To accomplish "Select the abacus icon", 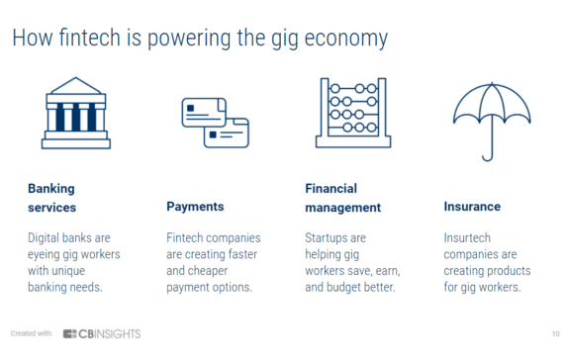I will tap(354, 113).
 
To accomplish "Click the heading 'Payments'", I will tap(195, 207).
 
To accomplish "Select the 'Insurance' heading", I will tap(472, 207).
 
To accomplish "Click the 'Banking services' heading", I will tap(51, 197).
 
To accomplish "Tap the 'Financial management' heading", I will tap(342, 197).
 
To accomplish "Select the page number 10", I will tap(549, 333).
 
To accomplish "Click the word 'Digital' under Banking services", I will tap(46, 237).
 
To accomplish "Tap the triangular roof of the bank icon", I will tap(76, 88).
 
